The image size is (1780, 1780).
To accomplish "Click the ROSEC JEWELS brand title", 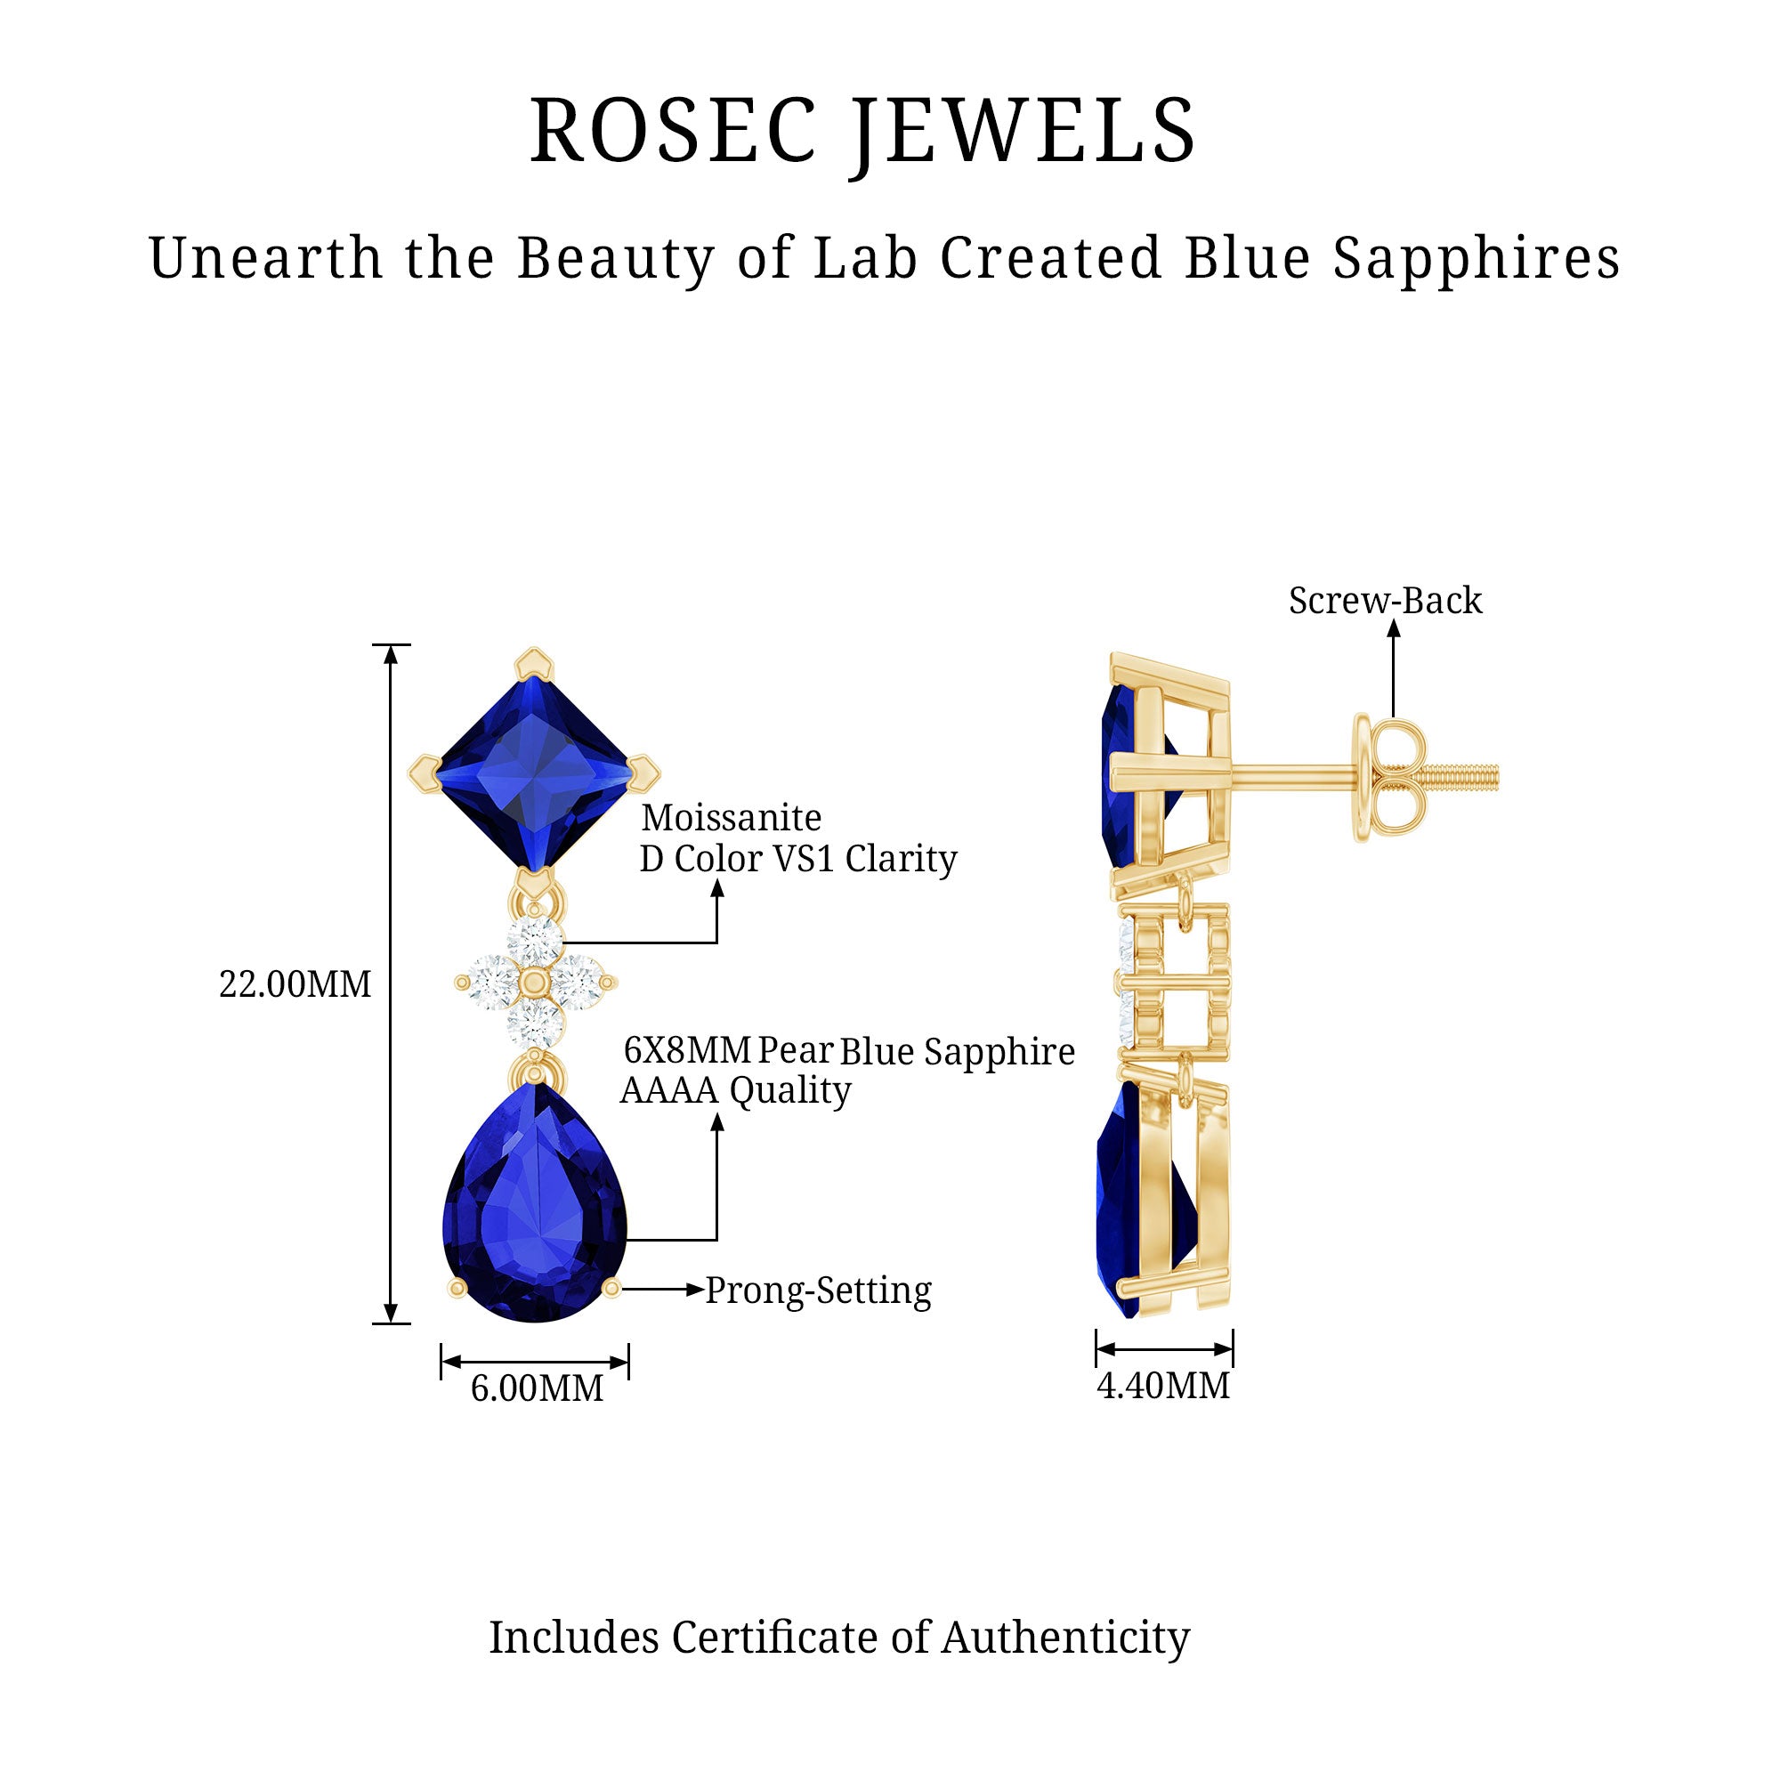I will (x=862, y=131).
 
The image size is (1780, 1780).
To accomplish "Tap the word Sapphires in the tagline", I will (x=1476, y=258).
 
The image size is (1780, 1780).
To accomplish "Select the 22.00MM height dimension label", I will (x=295, y=985).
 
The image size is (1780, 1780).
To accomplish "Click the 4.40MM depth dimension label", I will (x=1162, y=1386).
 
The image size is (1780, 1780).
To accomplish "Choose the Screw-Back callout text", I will (x=1385, y=601).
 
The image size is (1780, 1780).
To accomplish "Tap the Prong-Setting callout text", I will (x=818, y=1290).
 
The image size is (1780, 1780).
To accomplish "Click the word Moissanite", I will (x=732, y=818).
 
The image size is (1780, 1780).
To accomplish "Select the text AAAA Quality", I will (x=735, y=1091).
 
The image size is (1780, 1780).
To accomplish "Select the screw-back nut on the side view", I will (x=1389, y=777).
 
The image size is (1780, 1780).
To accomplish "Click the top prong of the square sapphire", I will (x=534, y=661).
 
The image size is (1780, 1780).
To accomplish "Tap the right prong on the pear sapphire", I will (x=611, y=1289).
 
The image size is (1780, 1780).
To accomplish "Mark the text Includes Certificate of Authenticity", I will (x=838, y=1637).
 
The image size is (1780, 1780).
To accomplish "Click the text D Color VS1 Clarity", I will (x=797, y=859).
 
